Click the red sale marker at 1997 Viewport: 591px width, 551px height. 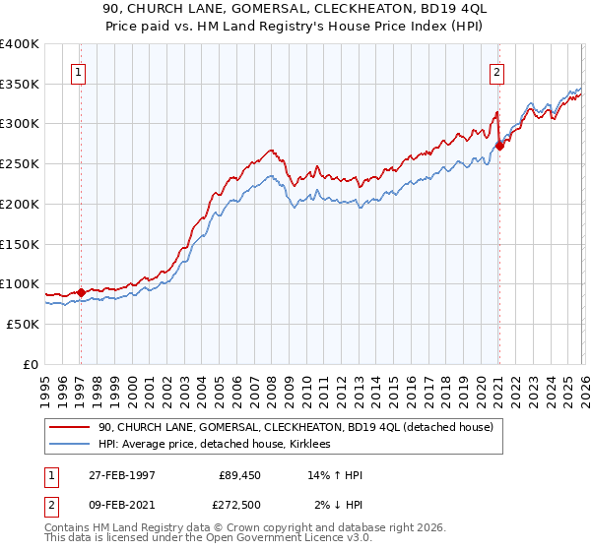[81, 292]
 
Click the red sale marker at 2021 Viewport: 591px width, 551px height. [499, 146]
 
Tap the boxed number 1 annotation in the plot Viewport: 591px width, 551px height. [78, 71]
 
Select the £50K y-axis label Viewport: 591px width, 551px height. [23, 324]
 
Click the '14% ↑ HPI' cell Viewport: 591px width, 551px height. [336, 475]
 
